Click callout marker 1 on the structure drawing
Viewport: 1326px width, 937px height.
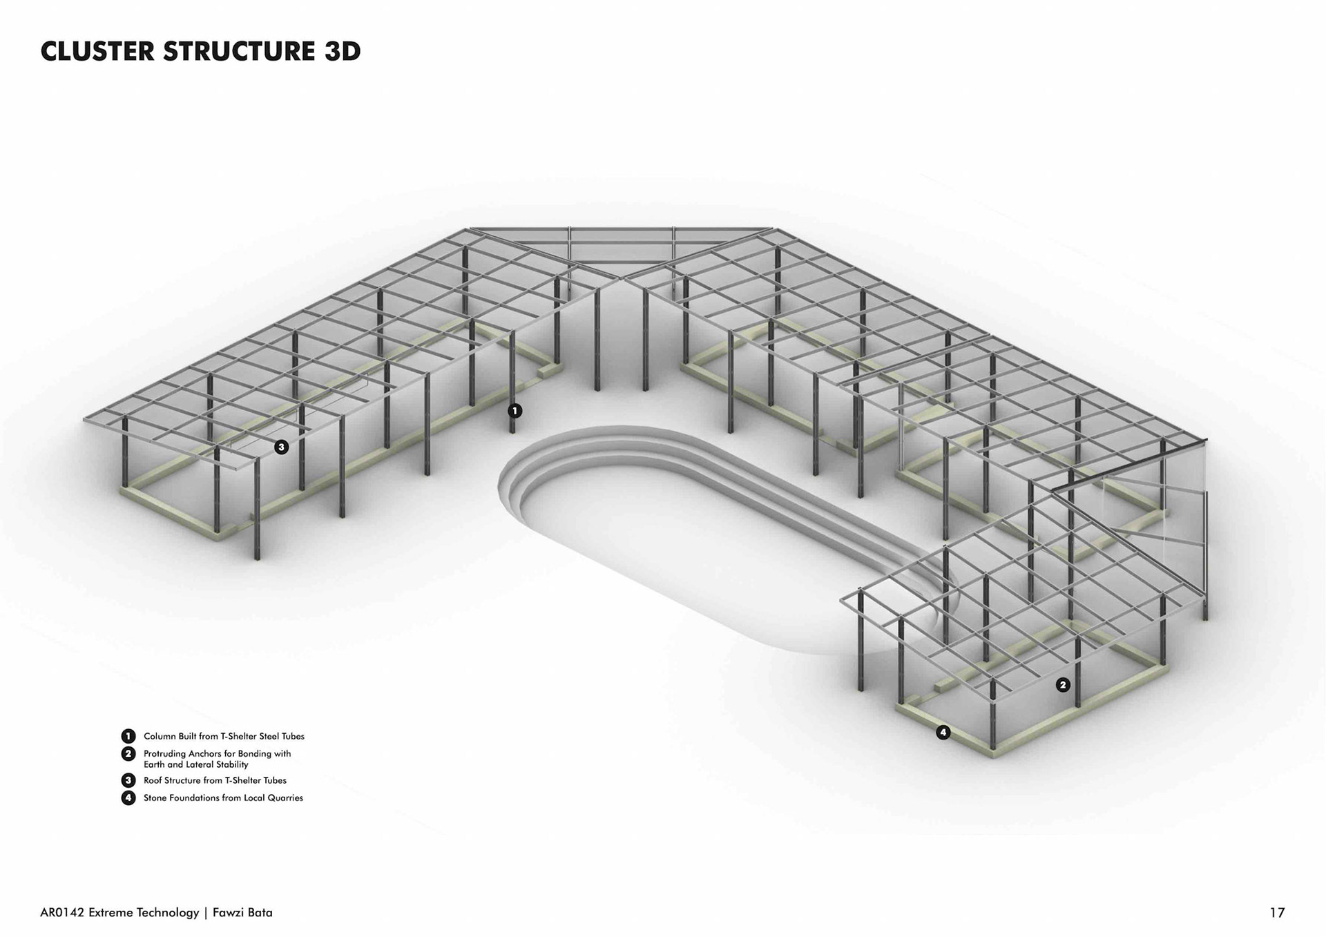tap(515, 411)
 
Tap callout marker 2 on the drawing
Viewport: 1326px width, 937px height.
tap(1063, 685)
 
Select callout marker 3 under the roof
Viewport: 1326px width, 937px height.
tap(281, 447)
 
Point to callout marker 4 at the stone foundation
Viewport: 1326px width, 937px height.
tap(943, 733)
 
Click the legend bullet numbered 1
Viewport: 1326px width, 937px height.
tap(128, 736)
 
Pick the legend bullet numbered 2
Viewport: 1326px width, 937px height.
tap(128, 754)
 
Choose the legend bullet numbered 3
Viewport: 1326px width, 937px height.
tap(128, 780)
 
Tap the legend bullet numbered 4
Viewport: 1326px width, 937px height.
tap(128, 798)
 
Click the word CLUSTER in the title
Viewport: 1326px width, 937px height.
tap(97, 52)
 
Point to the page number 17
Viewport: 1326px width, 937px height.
tap(1277, 913)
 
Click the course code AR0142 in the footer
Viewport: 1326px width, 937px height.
tap(62, 913)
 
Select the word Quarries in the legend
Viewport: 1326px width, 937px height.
tap(285, 798)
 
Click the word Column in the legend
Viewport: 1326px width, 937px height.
tap(160, 736)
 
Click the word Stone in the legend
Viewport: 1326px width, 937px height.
tap(156, 798)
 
